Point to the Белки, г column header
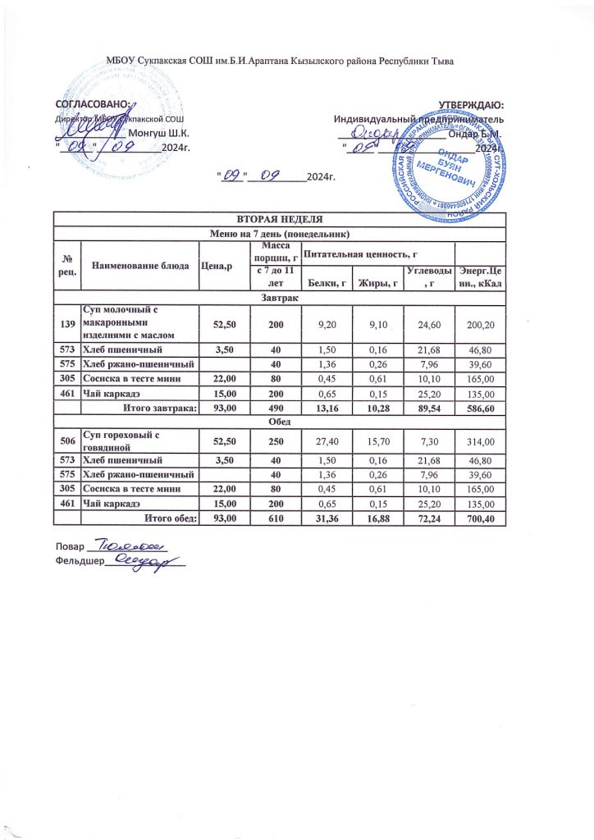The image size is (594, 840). click(x=327, y=284)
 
